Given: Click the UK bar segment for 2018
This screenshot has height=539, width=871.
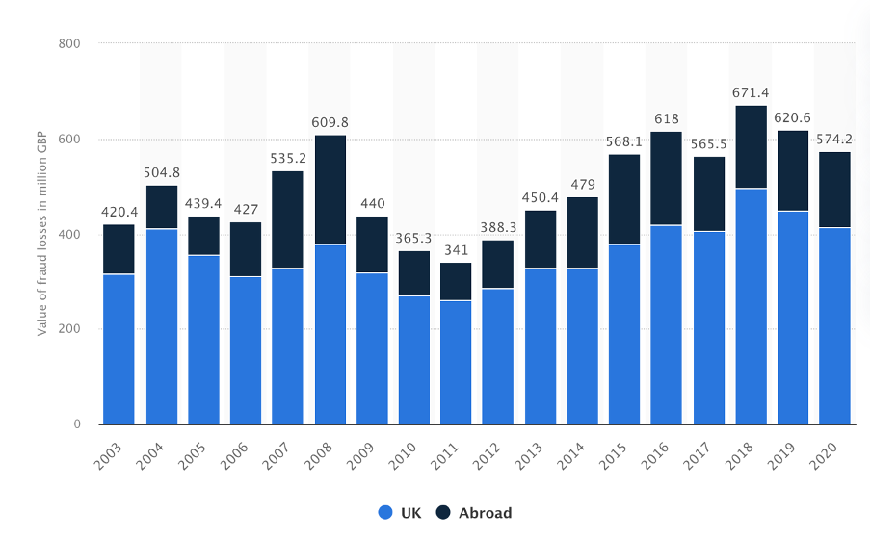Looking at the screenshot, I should point(752,306).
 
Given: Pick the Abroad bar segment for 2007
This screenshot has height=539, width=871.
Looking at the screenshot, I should point(288,219).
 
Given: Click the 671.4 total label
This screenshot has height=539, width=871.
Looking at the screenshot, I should point(752,92).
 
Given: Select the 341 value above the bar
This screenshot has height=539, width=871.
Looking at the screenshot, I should point(457,250).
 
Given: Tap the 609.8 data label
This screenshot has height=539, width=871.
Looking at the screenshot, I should point(330,122).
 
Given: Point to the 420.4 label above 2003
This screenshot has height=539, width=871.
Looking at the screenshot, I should point(119,212).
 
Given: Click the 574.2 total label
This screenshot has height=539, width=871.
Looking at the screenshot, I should point(835,139).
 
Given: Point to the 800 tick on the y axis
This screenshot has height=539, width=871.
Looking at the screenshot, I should point(68,44).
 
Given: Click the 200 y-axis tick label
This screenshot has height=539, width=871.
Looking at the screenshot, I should point(68,329).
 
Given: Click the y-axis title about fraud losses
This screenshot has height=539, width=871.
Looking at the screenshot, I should point(42,234).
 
